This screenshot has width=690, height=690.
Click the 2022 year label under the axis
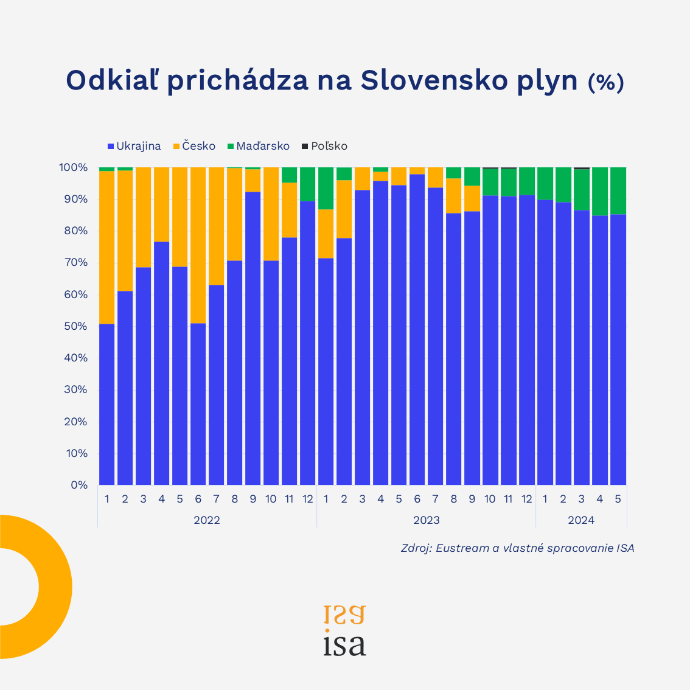[x=207, y=520]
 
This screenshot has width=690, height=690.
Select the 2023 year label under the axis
[x=426, y=520]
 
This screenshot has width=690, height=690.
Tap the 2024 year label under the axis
[x=581, y=520]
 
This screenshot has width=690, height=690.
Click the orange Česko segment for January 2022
[x=107, y=247]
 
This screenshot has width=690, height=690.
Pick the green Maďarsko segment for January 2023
[x=326, y=188]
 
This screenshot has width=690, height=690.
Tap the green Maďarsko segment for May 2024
[x=618, y=190]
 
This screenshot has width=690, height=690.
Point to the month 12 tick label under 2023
[x=526, y=500]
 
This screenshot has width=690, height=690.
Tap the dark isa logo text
[x=344, y=645]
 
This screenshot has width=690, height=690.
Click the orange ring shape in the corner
[x=55, y=587]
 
